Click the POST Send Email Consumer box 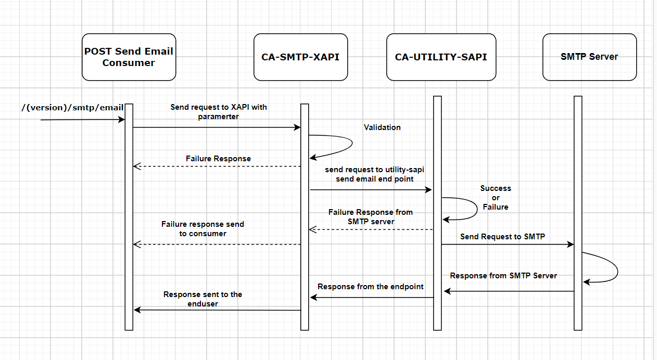pyautogui.click(x=129, y=57)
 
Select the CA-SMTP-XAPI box pyautogui.click(x=300, y=57)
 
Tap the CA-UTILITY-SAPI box pyautogui.click(x=441, y=57)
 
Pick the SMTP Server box pyautogui.click(x=589, y=57)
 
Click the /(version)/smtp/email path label pyautogui.click(x=72, y=108)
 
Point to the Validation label pyautogui.click(x=382, y=127)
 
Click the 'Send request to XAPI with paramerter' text pyautogui.click(x=219, y=112)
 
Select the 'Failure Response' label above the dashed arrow pyautogui.click(x=218, y=159)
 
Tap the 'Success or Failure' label pyautogui.click(x=496, y=198)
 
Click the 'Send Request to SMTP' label pyautogui.click(x=502, y=237)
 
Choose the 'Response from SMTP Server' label pyautogui.click(x=503, y=276)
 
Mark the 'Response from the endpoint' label pyautogui.click(x=371, y=287)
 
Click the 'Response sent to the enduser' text pyautogui.click(x=203, y=299)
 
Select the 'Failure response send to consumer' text pyautogui.click(x=203, y=229)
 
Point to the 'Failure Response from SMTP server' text pyautogui.click(x=371, y=217)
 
